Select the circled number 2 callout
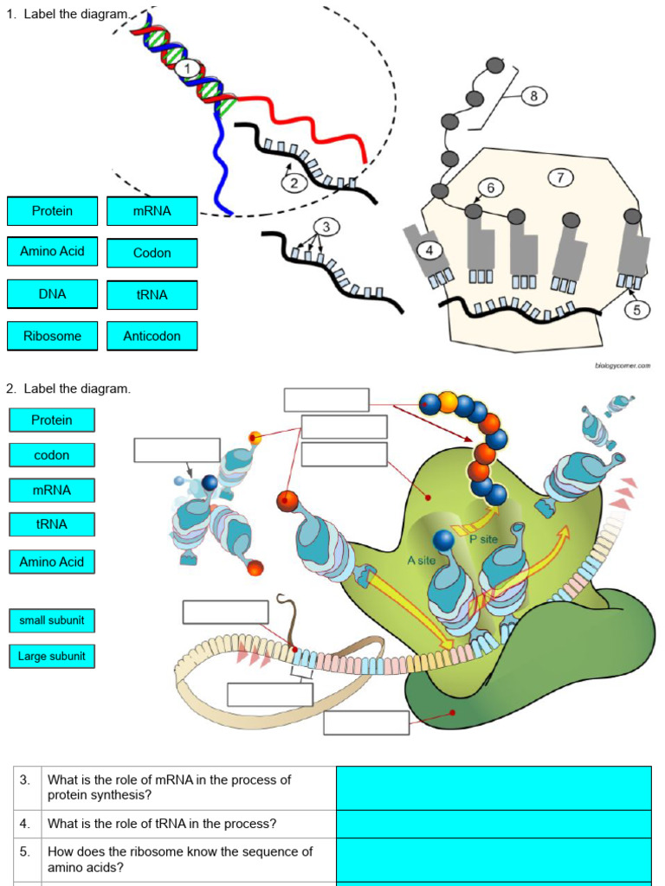294,182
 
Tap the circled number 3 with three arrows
326,227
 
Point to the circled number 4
429,250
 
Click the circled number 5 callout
636,309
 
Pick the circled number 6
490,188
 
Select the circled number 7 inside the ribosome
560,177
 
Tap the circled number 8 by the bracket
533,96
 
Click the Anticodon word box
152,336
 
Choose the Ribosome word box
52,336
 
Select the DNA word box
52,294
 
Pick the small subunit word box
52,620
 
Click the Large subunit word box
52,657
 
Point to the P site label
484,539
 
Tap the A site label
421,561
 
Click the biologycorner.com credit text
622,366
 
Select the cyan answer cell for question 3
493,787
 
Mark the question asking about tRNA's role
162,824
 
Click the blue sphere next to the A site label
444,541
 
